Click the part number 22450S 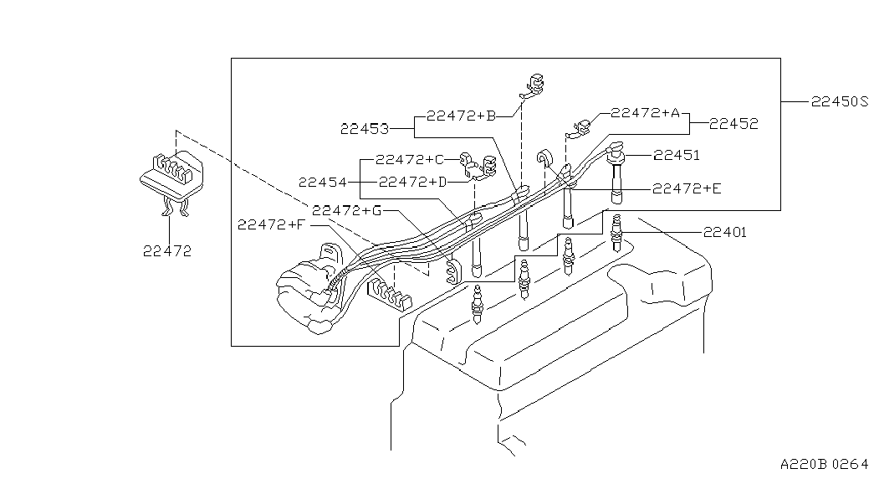[840, 102]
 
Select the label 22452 [733, 123]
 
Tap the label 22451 [677, 155]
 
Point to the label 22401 [724, 233]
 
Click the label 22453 [365, 129]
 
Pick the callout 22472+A [646, 113]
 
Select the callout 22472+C [410, 159]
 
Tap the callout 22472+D [412, 182]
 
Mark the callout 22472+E [687, 189]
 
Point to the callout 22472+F [273, 224]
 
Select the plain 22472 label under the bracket [166, 250]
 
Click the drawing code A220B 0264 [825, 464]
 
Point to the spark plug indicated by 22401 [618, 234]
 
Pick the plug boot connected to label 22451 [617, 176]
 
